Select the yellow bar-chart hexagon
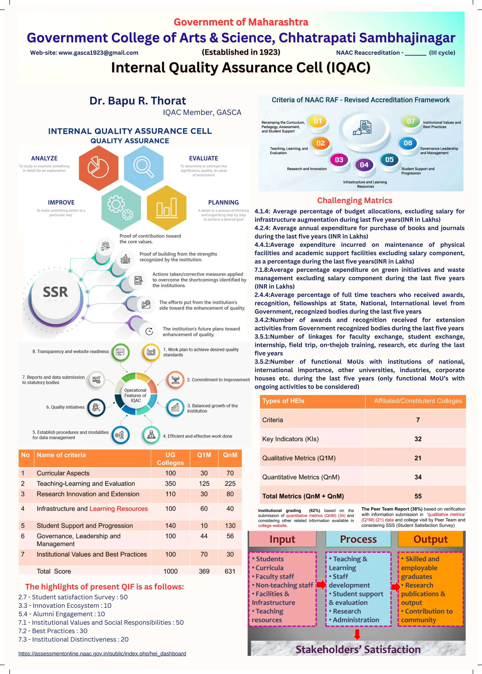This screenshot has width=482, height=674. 166,208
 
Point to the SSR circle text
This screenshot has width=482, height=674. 56,292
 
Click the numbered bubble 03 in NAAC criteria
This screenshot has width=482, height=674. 339,160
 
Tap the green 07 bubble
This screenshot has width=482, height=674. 411,121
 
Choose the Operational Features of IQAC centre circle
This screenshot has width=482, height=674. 136,395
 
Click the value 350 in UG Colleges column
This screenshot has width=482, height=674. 170,483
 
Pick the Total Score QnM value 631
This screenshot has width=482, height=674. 230,571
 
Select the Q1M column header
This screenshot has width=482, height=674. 204,455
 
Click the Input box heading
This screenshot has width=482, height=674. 282,539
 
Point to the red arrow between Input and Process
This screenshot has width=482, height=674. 321,585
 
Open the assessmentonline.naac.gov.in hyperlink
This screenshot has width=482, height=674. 102,654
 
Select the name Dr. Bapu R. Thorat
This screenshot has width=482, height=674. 138,101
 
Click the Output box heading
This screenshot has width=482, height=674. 430,539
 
